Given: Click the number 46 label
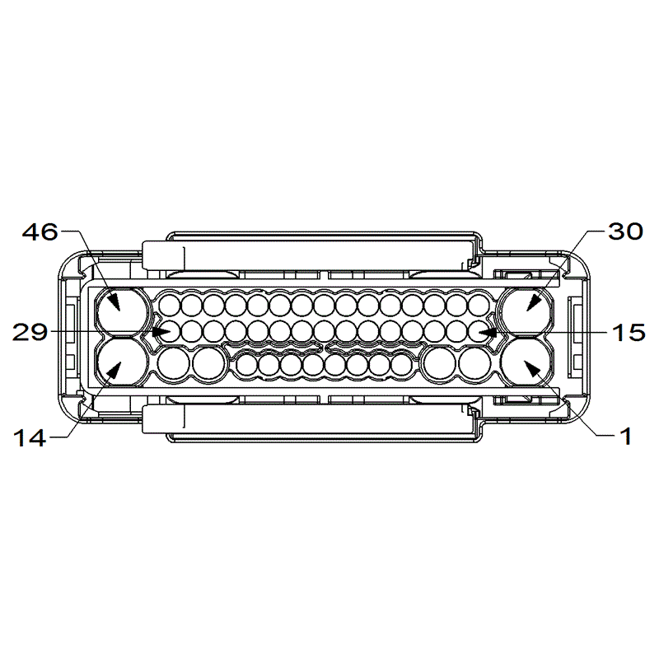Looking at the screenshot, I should pyautogui.click(x=40, y=232).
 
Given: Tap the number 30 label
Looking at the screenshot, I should pyautogui.click(x=624, y=232).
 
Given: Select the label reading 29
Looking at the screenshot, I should pyautogui.click(x=30, y=332).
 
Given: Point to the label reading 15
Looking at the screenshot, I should pyautogui.click(x=628, y=332).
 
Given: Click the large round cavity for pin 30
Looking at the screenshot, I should pyautogui.click(x=528, y=311).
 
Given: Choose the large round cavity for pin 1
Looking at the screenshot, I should pyautogui.click(x=528, y=362).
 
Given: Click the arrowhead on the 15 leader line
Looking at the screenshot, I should pyautogui.click(x=488, y=332).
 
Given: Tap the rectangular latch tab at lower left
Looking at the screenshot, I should pyautogui.click(x=162, y=418).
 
